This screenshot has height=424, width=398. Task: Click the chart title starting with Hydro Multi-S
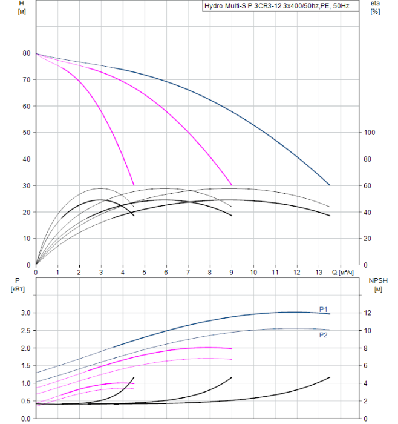(x=281, y=6)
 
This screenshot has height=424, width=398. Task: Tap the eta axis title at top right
(x=374, y=4)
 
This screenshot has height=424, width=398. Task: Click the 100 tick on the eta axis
(x=370, y=133)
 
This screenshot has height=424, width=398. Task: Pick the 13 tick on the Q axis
(x=318, y=273)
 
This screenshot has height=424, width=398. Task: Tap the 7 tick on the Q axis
(x=188, y=273)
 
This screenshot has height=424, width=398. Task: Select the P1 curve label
(x=324, y=309)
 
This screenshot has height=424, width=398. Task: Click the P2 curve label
(x=324, y=334)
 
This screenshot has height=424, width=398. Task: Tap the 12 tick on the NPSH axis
(x=368, y=313)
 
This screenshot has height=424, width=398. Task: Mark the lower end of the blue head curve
(x=330, y=185)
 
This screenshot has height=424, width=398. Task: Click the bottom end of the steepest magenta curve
(x=134, y=185)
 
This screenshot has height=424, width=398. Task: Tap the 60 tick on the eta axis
(x=368, y=185)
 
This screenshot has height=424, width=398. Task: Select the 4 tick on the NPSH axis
(x=367, y=383)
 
